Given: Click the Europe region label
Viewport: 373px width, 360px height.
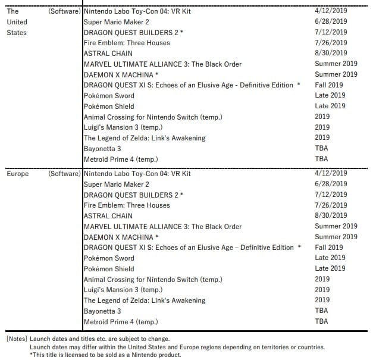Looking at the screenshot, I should pos(17,174).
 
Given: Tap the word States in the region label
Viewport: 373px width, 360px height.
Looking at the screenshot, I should pos(17,32).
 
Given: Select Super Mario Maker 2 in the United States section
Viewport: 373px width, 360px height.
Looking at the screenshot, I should pos(117,21).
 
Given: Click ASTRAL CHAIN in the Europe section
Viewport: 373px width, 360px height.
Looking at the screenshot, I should pos(108,216).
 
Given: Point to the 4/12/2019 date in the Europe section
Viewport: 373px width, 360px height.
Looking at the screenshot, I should pos(331,174).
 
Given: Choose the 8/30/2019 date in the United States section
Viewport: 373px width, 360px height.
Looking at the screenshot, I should pos(331,53).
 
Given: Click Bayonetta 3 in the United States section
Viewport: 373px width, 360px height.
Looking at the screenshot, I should pos(102,148).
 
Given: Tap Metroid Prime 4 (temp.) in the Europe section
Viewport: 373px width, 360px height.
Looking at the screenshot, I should pos(121,322).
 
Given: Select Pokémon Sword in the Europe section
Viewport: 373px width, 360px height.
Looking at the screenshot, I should pos(109,258).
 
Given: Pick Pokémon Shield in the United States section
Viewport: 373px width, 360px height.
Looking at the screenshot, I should pos(109,106).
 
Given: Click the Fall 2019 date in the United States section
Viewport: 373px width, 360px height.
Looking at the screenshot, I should pos(329,85).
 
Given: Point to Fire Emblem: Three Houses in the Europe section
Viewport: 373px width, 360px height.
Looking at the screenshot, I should pos(127,205).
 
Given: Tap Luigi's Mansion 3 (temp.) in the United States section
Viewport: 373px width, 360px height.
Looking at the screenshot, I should pos(123,127).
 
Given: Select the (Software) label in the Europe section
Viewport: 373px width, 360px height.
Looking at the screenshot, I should pos(64,174).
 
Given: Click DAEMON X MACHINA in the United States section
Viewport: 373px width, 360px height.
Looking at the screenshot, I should pos(121,74).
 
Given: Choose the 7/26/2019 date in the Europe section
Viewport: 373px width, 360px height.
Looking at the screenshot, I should pos(331,205).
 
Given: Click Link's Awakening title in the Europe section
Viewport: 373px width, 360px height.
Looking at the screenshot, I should pos(145,300).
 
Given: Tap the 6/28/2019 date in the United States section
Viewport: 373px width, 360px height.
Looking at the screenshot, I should pos(331,21).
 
